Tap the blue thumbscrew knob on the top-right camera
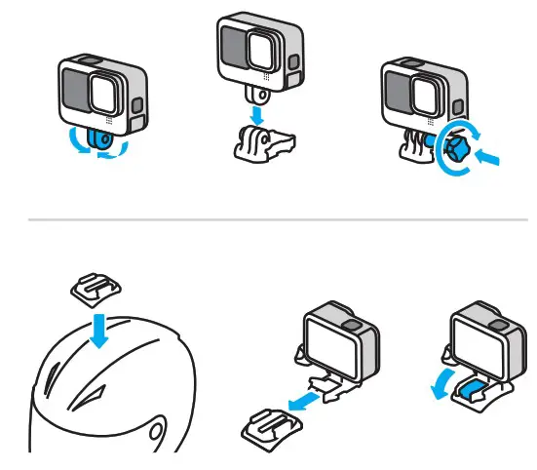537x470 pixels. [457, 151]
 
